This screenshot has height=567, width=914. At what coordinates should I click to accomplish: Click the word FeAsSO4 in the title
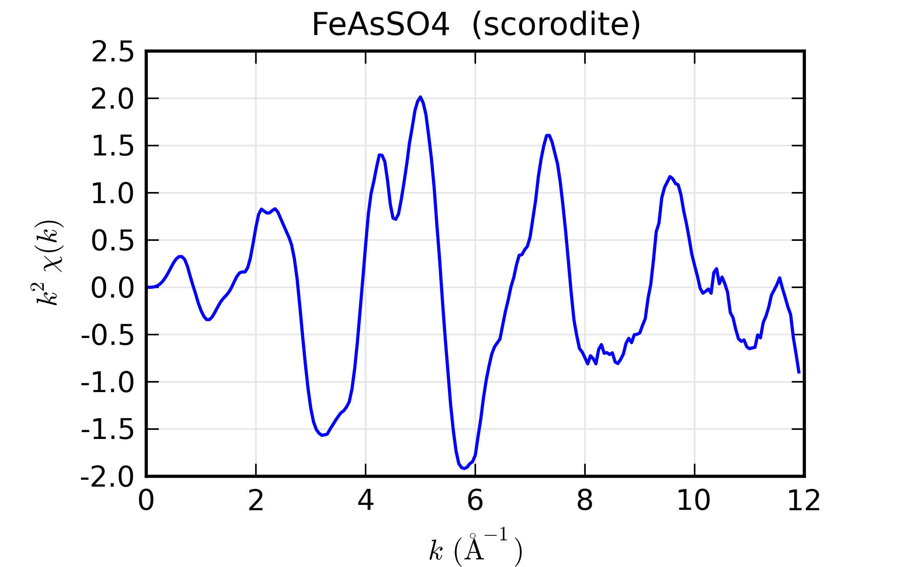click(x=380, y=25)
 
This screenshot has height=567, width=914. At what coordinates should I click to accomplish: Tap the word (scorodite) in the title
click(x=556, y=25)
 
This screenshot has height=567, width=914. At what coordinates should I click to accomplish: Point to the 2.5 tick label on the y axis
click(x=113, y=52)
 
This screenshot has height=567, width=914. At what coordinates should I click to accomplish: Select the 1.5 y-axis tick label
click(x=113, y=146)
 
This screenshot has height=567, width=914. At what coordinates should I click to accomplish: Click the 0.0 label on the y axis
click(x=113, y=288)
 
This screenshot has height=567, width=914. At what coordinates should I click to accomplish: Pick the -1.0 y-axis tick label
click(x=107, y=383)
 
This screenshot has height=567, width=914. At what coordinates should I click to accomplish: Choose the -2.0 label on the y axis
click(x=107, y=477)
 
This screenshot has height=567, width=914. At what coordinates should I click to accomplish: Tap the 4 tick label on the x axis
click(x=366, y=501)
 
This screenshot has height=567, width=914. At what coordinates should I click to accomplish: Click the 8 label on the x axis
click(x=585, y=501)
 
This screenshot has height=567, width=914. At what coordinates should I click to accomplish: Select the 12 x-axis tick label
click(x=804, y=501)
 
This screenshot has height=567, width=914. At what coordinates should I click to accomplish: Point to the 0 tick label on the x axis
click(x=146, y=501)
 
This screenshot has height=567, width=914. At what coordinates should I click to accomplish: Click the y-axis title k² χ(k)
click(x=48, y=263)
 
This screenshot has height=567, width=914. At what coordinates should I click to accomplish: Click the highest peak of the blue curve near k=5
click(x=420, y=97)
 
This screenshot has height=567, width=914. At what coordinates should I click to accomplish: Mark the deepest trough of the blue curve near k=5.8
click(x=464, y=468)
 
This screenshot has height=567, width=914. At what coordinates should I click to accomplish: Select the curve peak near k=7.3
click(x=548, y=135)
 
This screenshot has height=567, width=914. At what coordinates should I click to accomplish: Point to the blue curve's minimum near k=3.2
click(x=322, y=435)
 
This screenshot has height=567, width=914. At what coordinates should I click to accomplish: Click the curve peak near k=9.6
click(x=670, y=177)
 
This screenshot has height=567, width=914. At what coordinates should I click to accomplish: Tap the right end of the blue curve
click(x=799, y=373)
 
